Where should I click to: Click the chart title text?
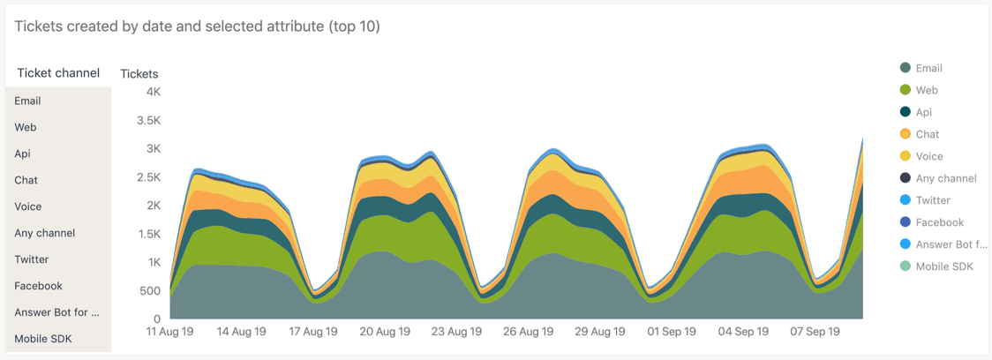tap(198, 26)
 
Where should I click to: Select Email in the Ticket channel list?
tap(28, 101)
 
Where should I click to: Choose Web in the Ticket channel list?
tap(26, 127)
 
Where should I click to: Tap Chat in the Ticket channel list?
tap(26, 180)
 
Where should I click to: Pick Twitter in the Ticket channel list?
tap(32, 259)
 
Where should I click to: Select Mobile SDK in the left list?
tap(43, 339)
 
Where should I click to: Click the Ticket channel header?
tap(58, 73)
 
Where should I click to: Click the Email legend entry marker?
tap(906, 68)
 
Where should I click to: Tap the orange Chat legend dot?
tap(906, 134)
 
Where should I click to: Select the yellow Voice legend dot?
tap(906, 156)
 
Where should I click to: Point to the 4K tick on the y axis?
tap(154, 92)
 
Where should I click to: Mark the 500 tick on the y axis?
tap(151, 291)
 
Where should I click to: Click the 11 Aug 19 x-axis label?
tap(169, 333)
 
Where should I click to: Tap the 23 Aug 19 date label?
tap(457, 333)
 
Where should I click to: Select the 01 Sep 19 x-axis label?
tap(672, 333)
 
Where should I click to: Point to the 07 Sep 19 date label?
tap(815, 333)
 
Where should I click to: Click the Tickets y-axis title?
tap(139, 74)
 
